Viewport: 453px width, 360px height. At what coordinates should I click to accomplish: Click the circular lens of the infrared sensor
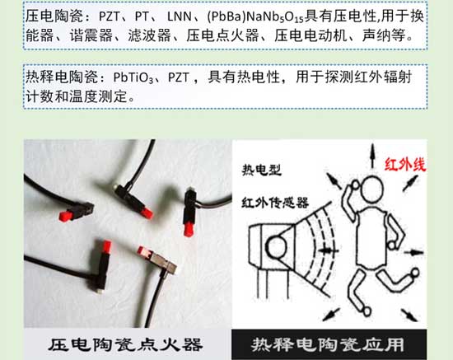[x=278, y=246]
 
